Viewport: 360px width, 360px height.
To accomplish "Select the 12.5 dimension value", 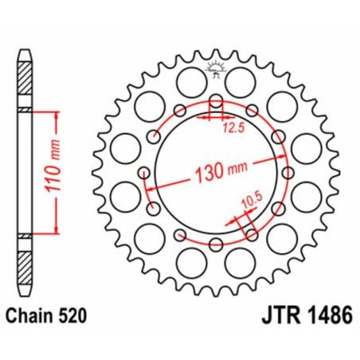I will pyautogui.click(x=232, y=126).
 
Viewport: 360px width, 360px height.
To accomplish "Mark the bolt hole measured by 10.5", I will pyautogui.click(x=252, y=234).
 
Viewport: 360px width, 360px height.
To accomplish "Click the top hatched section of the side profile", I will pyautogui.click(x=26, y=80).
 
